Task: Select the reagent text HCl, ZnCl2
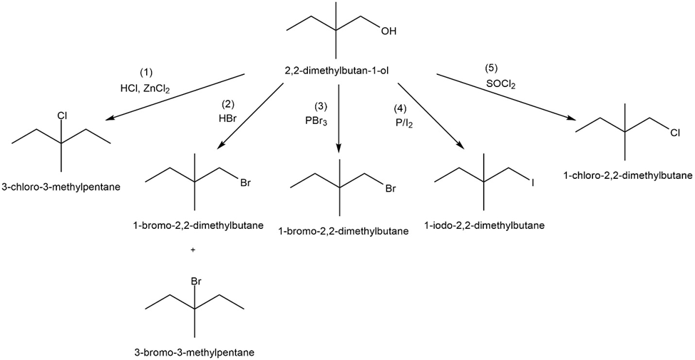(145, 89)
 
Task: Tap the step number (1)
(146, 73)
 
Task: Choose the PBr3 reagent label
(316, 120)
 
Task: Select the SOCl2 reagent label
(502, 84)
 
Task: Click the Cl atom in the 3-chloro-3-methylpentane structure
(62, 115)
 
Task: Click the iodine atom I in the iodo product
(532, 182)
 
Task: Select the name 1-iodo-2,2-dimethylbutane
(484, 226)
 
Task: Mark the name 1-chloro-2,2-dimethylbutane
(627, 175)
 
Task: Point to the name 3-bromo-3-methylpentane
(194, 351)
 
